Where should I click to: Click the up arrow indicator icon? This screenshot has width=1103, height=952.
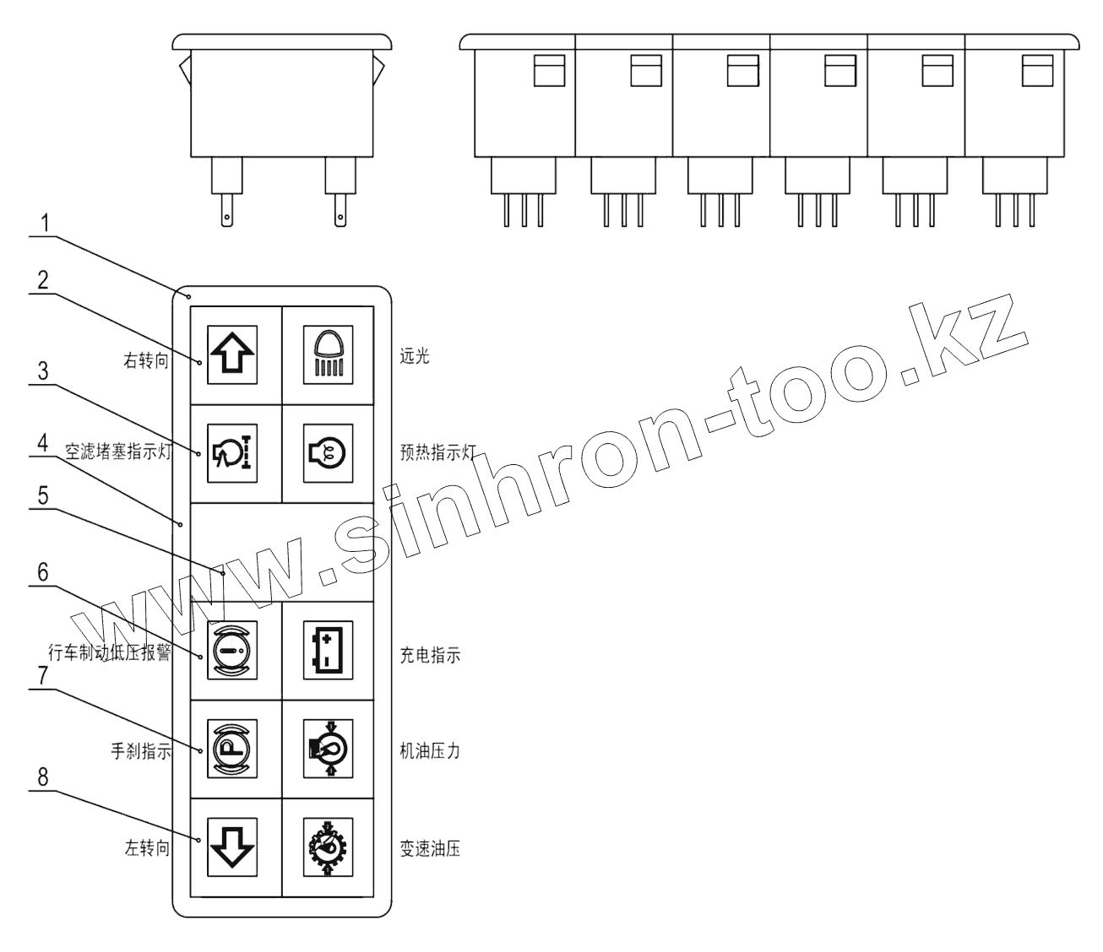pos(232,355)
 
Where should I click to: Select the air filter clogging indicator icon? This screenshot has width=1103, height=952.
pos(232,454)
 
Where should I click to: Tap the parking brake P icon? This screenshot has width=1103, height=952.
pos(232,749)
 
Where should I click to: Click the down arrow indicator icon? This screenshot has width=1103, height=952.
pos(232,847)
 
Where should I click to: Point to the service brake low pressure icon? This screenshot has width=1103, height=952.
pos(232,652)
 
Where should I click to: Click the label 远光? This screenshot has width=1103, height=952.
pos(415,356)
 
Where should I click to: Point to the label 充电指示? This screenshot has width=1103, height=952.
pos(430,655)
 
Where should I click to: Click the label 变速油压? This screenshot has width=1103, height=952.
pos(430,850)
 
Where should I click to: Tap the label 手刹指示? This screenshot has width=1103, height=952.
pos(142,751)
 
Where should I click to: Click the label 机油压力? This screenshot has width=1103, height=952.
pos(430,751)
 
